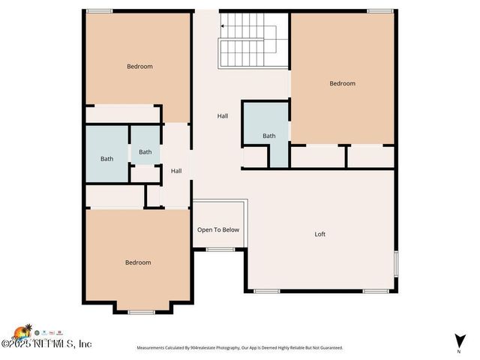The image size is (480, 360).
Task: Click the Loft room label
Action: coord(320,234)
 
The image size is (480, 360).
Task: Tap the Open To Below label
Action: coord(218,229)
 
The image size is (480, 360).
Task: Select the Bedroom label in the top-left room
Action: coord(139,67)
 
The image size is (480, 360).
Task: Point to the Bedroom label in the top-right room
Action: coord(343,83)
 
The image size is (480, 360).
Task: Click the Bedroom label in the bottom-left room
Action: coord(138,262)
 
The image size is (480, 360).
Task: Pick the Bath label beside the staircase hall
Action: coord(268,136)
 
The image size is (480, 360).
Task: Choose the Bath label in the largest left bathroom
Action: coord(107,158)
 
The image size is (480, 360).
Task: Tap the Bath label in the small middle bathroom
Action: coord(145,152)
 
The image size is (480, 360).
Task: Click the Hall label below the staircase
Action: coord(223,116)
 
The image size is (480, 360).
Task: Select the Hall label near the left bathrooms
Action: coord(176,171)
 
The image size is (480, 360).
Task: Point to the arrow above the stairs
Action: coord(223,26)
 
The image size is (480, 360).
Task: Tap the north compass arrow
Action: coord(458,340)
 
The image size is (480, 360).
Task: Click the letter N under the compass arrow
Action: coord(458,350)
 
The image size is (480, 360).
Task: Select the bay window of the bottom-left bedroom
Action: coord(141,311)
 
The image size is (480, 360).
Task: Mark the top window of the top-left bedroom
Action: coord(99,10)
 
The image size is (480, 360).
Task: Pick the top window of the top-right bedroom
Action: coord(380,10)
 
